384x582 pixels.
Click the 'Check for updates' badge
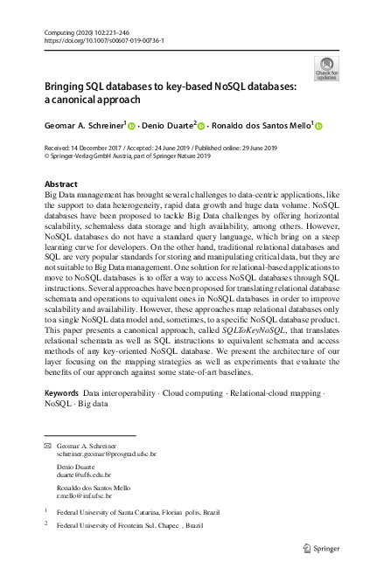click(x=325, y=69)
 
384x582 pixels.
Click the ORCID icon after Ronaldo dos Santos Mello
click(x=318, y=126)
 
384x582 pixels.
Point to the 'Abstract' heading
click(x=60, y=184)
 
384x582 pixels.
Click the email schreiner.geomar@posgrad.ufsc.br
click(x=106, y=454)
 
